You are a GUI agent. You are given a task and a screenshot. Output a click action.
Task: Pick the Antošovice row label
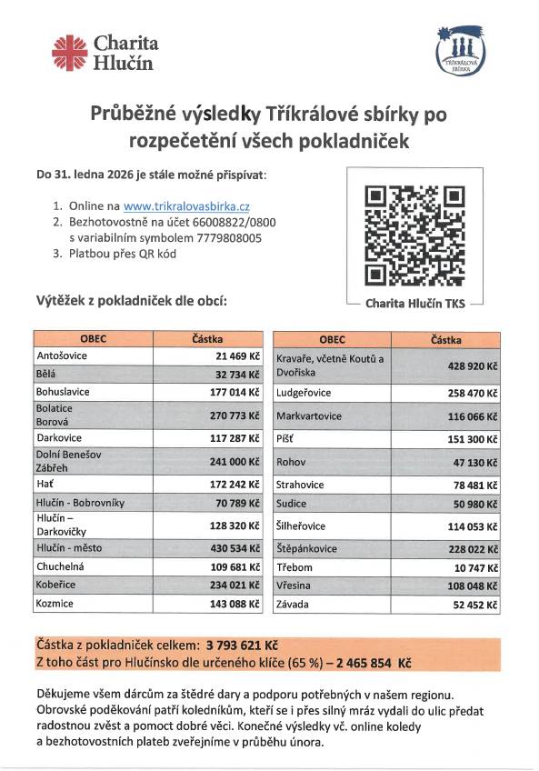[x=62, y=355]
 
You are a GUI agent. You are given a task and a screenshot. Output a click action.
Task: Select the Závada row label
[x=294, y=603]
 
